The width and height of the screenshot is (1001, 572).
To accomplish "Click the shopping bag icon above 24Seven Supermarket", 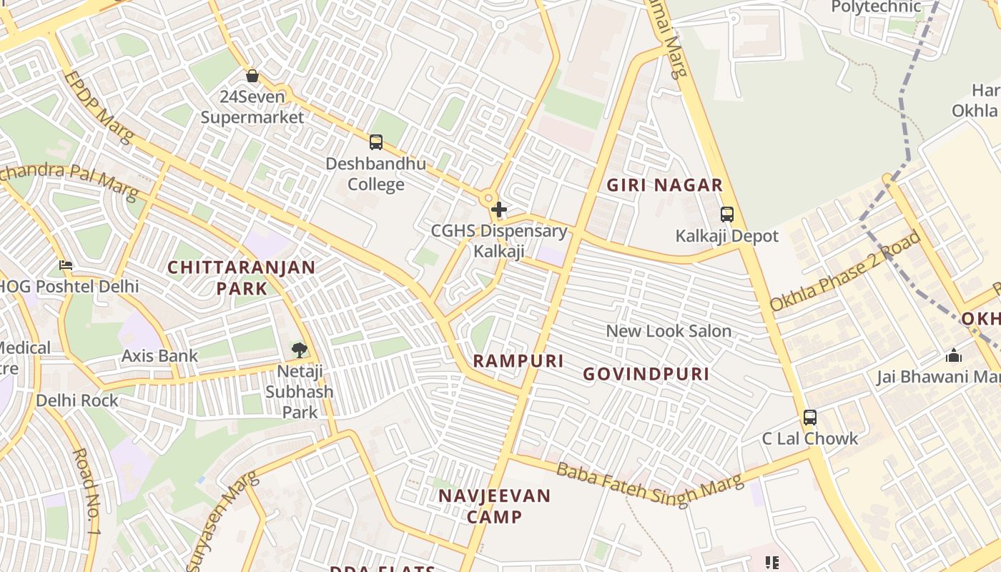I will tap(252, 75).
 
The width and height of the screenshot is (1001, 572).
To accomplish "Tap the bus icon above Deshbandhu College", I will tap(376, 142).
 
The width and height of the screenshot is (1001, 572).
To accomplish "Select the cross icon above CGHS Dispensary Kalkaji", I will tap(499, 210).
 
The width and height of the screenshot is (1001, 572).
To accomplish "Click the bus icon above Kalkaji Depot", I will tap(727, 214).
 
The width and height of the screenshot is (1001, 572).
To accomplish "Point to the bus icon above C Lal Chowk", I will tap(810, 417).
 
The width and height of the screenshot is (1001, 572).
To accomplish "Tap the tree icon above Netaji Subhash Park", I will tap(300, 350).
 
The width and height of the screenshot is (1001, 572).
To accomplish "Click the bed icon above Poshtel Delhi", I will tap(66, 265).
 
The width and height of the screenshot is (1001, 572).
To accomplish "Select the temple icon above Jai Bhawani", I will tap(954, 355).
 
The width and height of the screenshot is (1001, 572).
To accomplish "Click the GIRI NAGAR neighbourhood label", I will tap(665, 185).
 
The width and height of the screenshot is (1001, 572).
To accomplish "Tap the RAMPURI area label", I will tap(518, 361).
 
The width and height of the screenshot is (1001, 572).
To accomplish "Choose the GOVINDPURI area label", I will tap(646, 374).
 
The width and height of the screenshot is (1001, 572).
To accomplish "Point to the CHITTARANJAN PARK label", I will tap(241, 277).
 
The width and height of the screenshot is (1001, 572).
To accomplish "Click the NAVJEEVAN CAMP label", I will tap(495, 506).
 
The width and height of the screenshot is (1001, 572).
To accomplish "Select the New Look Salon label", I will tap(669, 331).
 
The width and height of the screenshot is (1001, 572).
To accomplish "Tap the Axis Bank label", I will tap(159, 355).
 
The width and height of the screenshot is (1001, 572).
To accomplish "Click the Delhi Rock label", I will tap(77, 400).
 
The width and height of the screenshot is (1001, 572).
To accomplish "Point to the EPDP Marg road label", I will tap(98, 107).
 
